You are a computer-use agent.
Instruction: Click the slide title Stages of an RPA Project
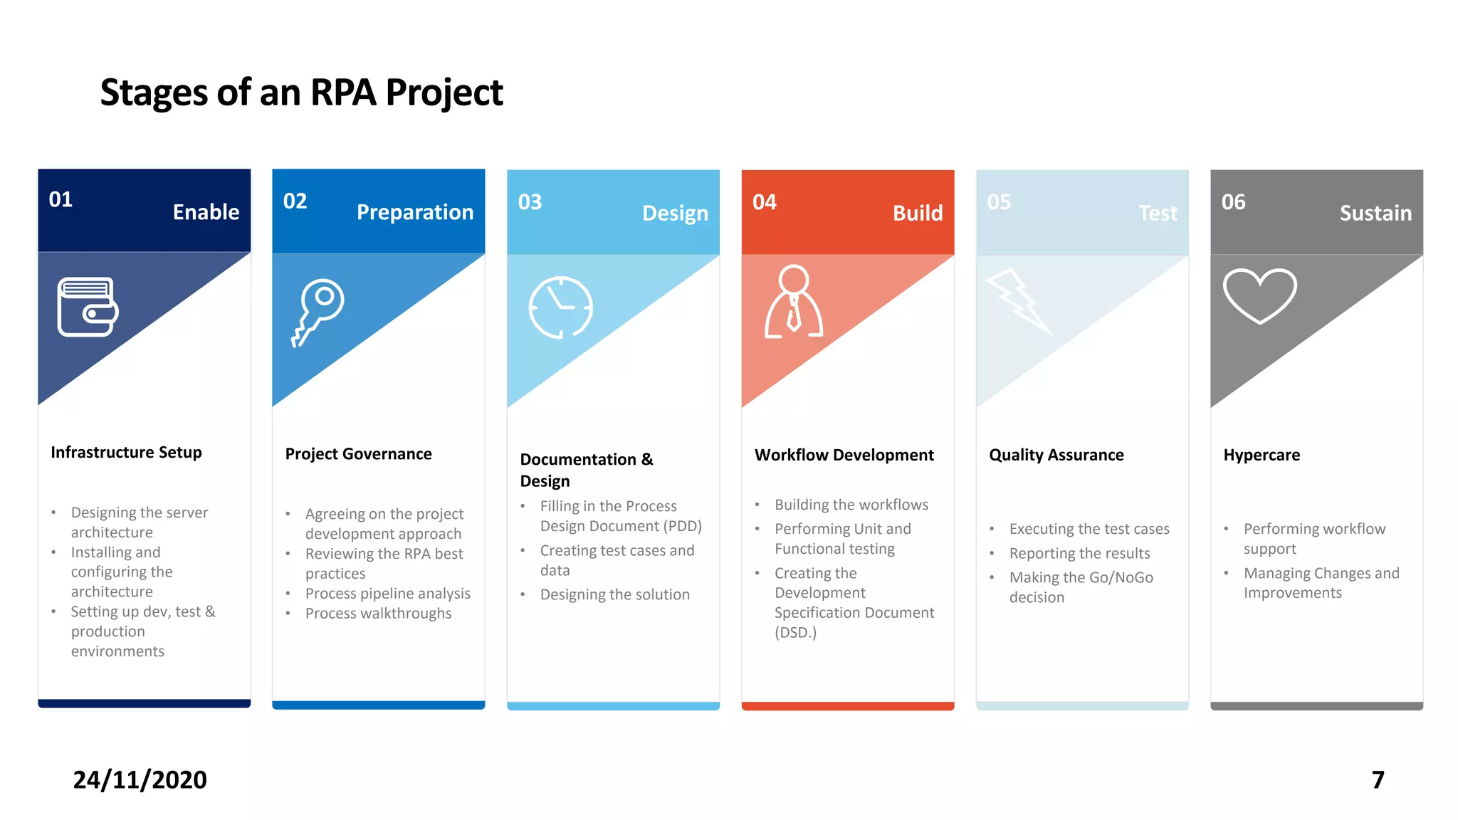[301, 93]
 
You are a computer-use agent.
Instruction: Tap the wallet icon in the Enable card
[88, 307]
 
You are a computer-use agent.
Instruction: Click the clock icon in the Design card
[560, 307]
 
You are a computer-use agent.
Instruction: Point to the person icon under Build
[793, 303]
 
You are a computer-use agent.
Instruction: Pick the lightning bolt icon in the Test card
[1018, 301]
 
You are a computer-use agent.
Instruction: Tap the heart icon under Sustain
[1259, 295]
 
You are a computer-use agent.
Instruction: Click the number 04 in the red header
[764, 202]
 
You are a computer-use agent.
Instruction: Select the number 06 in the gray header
[1233, 202]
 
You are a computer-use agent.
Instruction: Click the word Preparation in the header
[414, 212]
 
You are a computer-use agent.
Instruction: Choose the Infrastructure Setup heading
[126, 453]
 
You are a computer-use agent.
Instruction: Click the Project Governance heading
[358, 454]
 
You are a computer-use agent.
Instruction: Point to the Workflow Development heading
[844, 455]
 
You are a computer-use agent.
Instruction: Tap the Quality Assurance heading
[1056, 455]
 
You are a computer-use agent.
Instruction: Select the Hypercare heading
[1261, 455]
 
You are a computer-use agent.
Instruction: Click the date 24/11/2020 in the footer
[140, 780]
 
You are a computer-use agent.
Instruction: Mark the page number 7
[1378, 780]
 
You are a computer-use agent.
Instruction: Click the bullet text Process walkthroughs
[378, 614]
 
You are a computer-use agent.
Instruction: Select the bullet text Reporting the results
[1079, 554]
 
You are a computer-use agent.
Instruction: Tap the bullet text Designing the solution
[614, 595]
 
